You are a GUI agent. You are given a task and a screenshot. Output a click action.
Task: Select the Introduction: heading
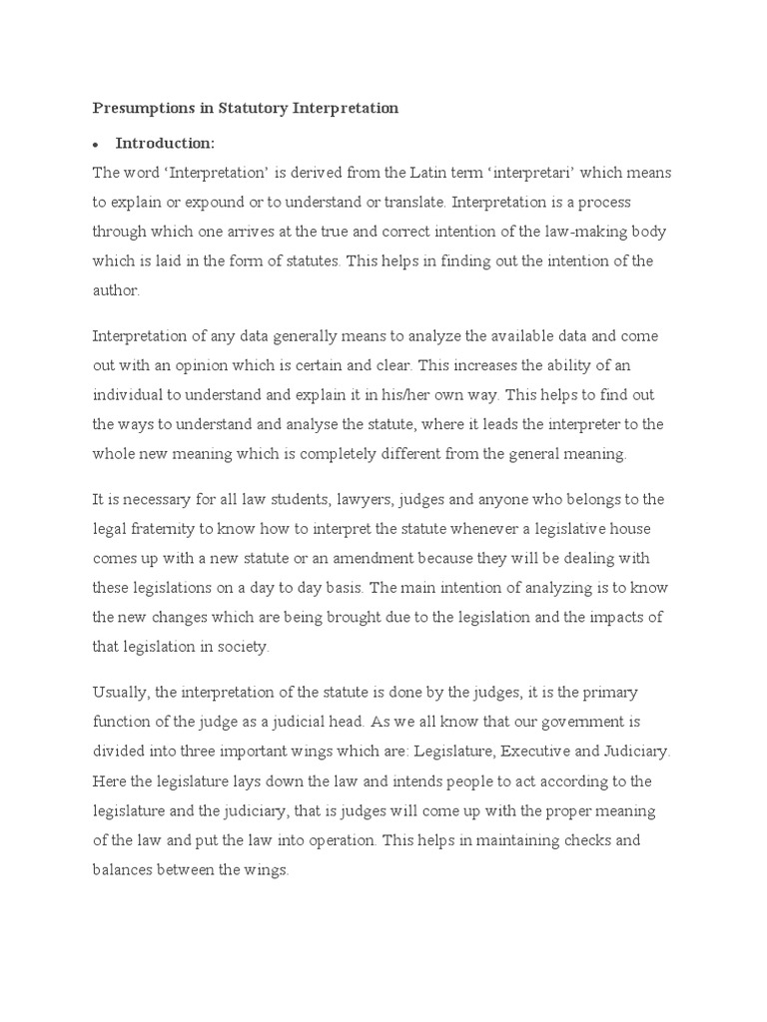(165, 143)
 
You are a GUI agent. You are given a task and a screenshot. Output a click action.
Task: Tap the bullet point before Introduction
(97, 144)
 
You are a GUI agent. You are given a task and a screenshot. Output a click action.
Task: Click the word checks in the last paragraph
(605, 840)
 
